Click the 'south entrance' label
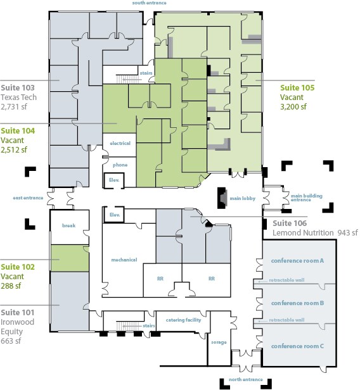pos(149,3)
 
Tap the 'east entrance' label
pos(28,198)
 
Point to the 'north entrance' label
pos(246,380)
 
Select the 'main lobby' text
pos(243,199)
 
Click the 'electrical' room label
pos(120,143)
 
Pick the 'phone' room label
pos(120,165)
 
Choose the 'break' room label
pos(68,225)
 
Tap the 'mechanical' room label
pos(124,260)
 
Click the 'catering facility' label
pos(183,320)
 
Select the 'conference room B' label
pos(297,303)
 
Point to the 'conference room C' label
pos(297,346)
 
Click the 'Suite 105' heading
pos(297,88)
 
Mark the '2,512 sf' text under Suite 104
pos(14,150)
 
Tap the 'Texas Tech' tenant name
pos(18,97)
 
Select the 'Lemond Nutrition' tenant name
pos(303,233)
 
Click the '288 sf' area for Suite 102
pos(11,286)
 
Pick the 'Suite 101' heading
pos(18,313)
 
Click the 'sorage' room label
pos(219,343)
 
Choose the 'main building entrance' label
pos(307,198)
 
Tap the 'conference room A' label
pos(297,261)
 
